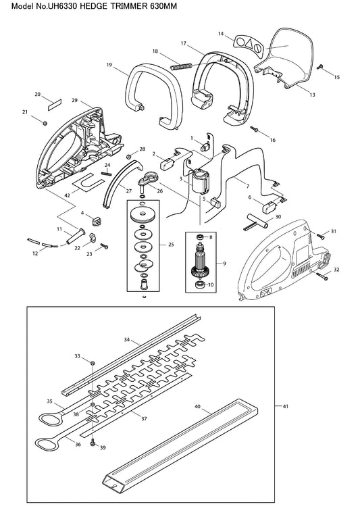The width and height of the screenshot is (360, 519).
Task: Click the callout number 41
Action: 285,405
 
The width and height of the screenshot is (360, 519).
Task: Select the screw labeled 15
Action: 320,67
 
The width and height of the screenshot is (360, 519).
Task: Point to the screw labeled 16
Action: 254,128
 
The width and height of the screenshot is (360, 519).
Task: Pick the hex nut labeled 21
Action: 45,123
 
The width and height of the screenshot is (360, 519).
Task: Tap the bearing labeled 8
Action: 200,237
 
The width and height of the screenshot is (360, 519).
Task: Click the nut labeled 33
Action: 93,363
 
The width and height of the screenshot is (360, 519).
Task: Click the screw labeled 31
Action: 321,236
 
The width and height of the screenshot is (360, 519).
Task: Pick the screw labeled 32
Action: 322,276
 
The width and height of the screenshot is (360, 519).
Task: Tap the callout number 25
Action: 171,245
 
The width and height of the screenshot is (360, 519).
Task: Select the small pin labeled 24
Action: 107,172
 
